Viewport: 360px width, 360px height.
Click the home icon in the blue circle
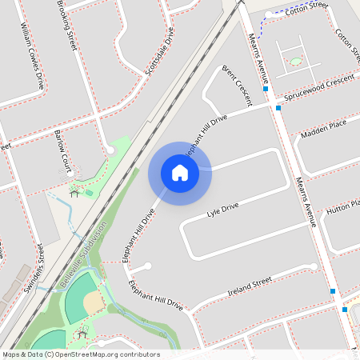click(x=180, y=172)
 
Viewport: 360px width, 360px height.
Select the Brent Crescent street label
click(x=237, y=86)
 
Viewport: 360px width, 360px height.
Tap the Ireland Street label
click(x=250, y=283)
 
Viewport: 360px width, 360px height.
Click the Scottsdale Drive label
click(x=159, y=52)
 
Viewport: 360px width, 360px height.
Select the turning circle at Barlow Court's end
click(x=110, y=150)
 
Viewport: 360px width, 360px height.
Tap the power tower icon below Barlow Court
click(x=74, y=193)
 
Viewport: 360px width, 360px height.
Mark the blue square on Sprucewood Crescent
click(x=278, y=107)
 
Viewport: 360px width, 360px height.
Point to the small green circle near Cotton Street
click(x=296, y=61)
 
